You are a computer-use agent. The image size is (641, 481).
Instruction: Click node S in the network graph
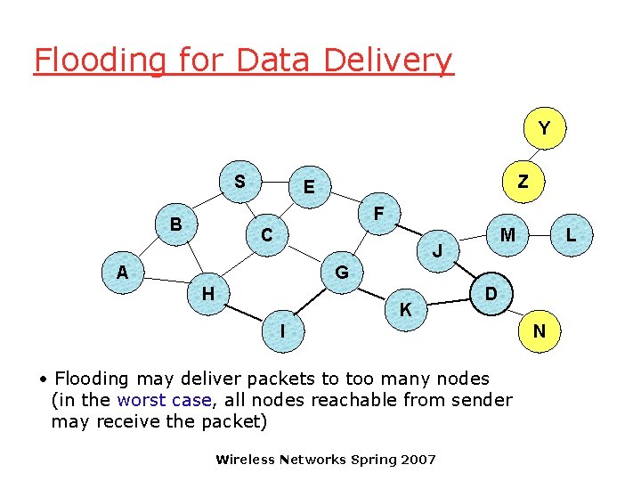(239, 182)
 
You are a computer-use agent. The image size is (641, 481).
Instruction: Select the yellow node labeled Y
(543, 129)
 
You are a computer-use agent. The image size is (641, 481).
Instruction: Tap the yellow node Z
(523, 182)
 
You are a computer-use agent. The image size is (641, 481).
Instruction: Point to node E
(308, 187)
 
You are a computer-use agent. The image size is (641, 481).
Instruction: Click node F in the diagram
(378, 215)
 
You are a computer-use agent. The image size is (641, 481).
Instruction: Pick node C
(266, 236)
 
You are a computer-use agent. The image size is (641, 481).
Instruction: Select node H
(207, 293)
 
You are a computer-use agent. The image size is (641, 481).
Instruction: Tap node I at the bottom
(282, 331)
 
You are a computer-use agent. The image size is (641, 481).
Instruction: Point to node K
(405, 310)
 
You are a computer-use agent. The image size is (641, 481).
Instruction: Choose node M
(507, 235)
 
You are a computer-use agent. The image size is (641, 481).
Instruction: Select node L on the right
(571, 236)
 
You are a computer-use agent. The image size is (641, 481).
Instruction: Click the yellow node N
(539, 331)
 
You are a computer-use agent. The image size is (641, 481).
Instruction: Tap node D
(491, 293)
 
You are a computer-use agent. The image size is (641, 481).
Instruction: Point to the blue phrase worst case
(164, 400)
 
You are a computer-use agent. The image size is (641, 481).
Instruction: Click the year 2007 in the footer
(418, 460)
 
